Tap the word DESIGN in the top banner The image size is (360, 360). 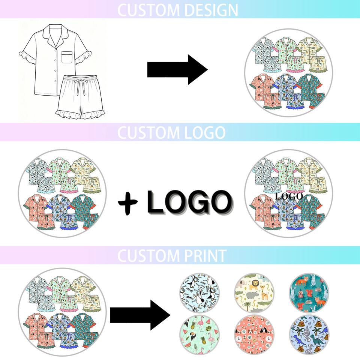(211, 10)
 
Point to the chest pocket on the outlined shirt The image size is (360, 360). (67, 57)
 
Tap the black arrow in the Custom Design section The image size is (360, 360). (177, 69)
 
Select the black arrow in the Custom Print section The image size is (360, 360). (140, 315)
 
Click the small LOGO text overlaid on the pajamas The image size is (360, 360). (289, 196)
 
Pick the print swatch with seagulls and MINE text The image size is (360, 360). (199, 293)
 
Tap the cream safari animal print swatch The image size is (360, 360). (254, 293)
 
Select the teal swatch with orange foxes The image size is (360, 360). (309, 293)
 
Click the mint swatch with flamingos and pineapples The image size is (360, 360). (199, 335)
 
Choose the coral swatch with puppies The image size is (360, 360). (254, 335)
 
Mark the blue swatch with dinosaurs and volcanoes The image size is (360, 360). (309, 335)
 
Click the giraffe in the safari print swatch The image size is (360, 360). (264, 293)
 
